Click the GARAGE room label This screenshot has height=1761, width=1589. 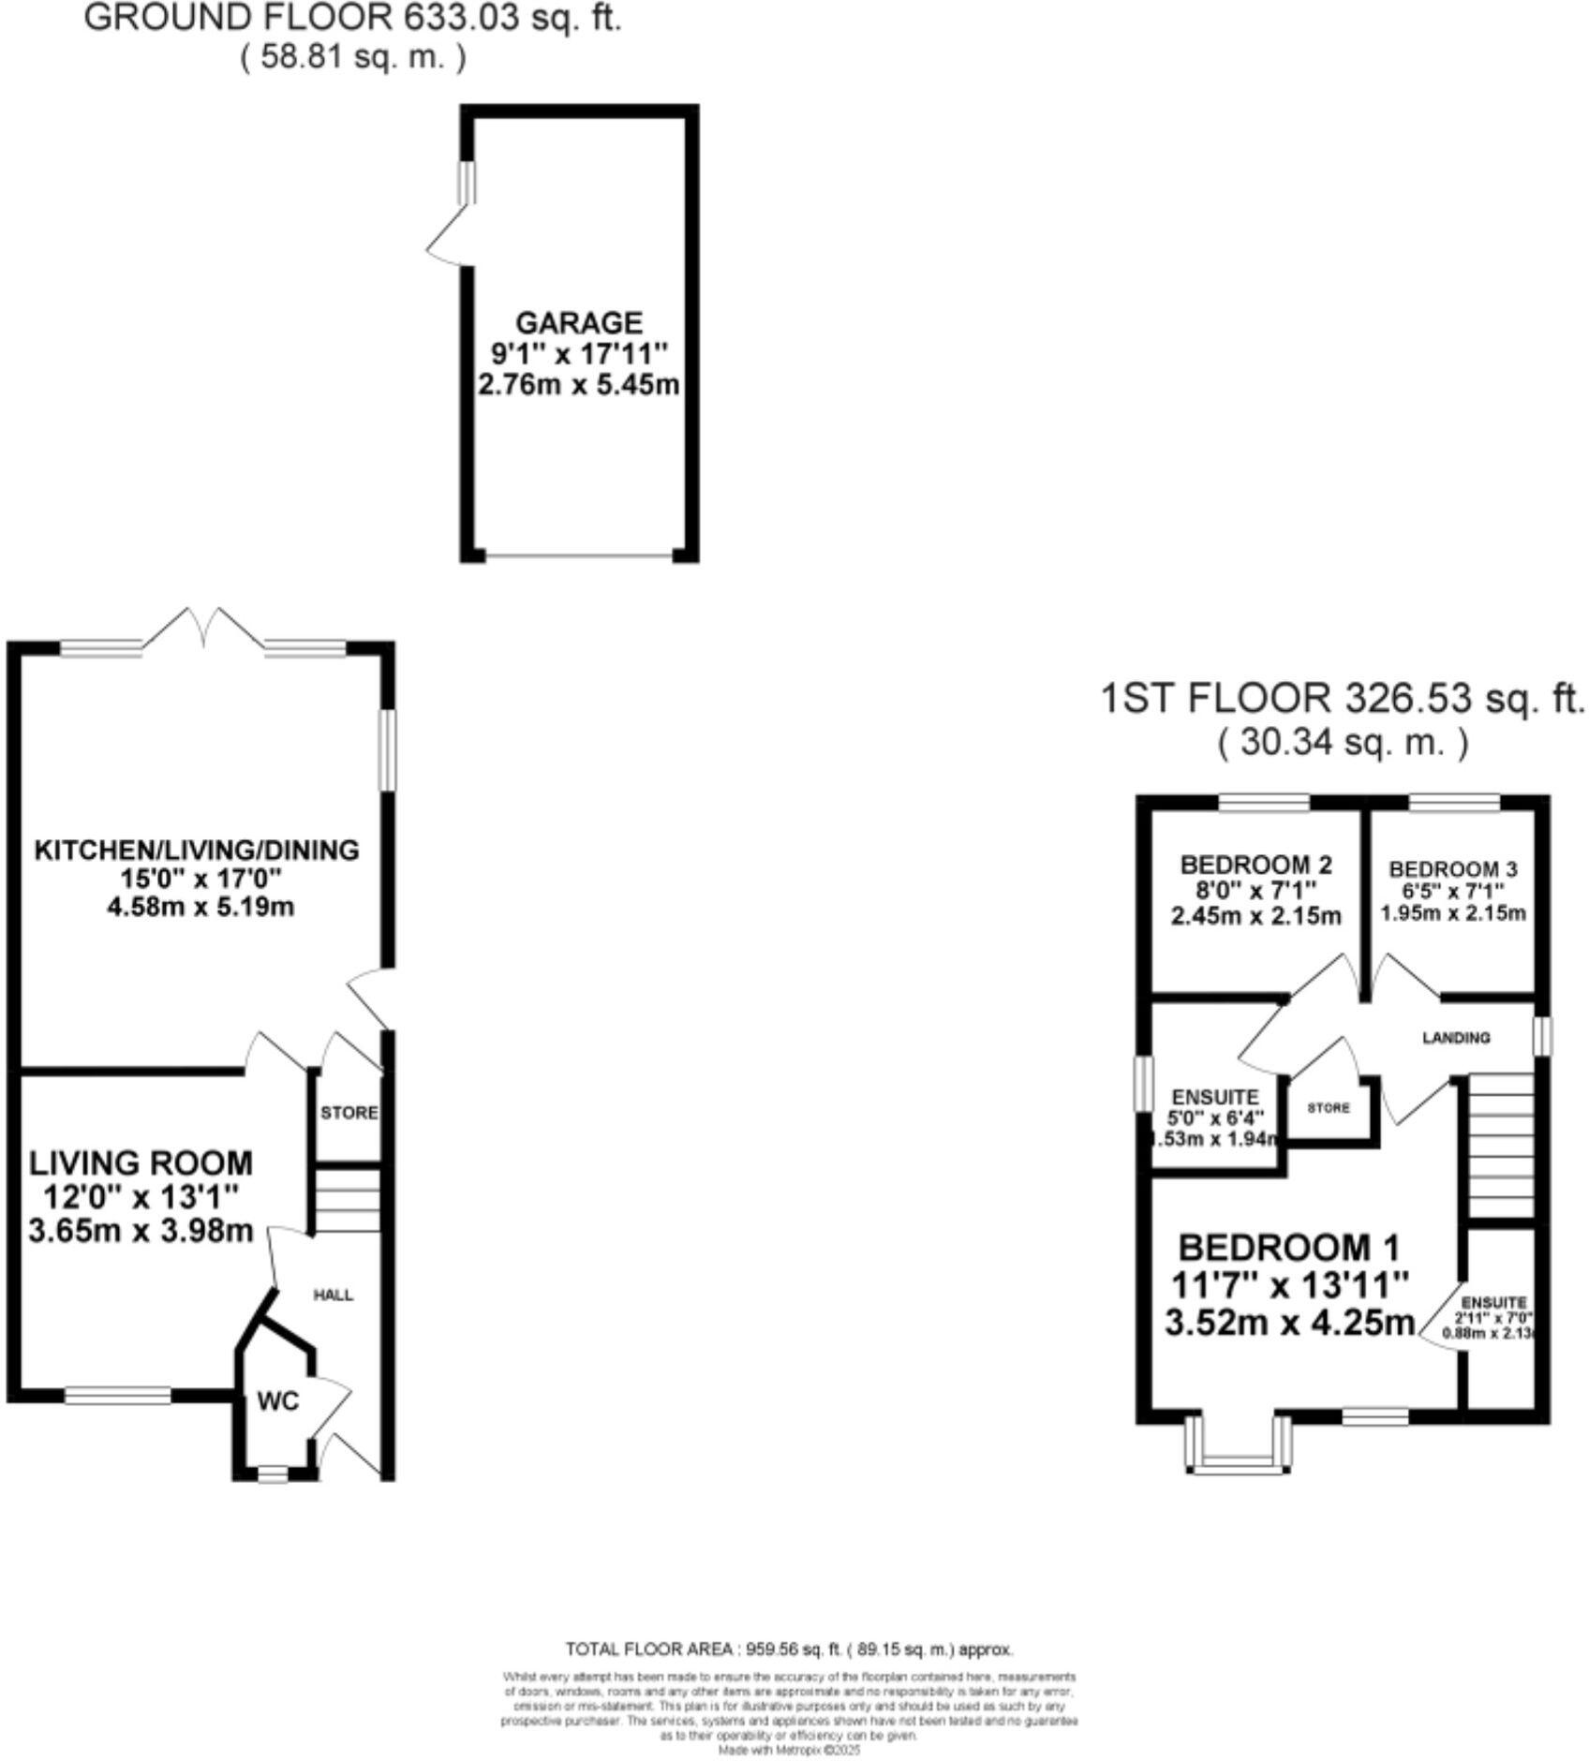[579, 322]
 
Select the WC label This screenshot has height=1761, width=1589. [277, 1401]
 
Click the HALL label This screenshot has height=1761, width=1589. [333, 1295]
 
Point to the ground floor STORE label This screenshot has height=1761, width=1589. [349, 1113]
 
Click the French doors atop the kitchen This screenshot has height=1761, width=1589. [203, 629]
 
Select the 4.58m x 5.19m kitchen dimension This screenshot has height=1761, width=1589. [200, 908]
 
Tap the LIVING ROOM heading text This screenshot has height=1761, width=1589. [141, 1163]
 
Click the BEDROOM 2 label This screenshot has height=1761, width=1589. [1255, 864]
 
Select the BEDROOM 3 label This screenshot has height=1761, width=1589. [1452, 869]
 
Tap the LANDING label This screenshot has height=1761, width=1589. [1455, 1038]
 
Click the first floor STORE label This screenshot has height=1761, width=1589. [1329, 1108]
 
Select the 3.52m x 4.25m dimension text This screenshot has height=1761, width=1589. [1289, 1323]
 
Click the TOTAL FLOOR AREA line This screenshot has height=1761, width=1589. [789, 1650]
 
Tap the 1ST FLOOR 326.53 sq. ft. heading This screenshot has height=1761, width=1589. [1342, 699]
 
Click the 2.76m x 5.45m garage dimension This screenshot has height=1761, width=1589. [578, 385]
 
